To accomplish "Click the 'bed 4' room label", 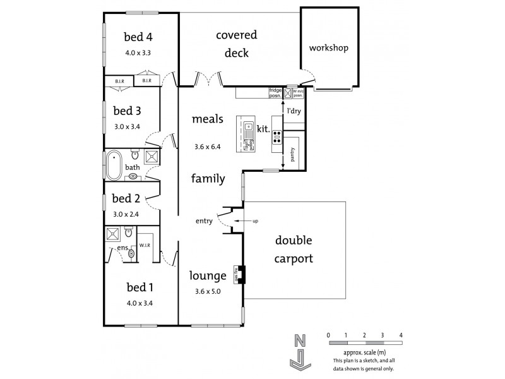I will [138, 37].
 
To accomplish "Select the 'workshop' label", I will [328, 48].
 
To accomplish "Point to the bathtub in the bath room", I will [114, 164].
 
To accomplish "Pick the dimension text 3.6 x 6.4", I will [208, 147].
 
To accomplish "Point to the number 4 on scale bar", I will [401, 335].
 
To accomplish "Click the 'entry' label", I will [204, 220].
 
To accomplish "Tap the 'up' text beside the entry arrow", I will [255, 220].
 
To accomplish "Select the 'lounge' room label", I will [208, 276].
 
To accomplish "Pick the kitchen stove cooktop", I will [276, 136].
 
